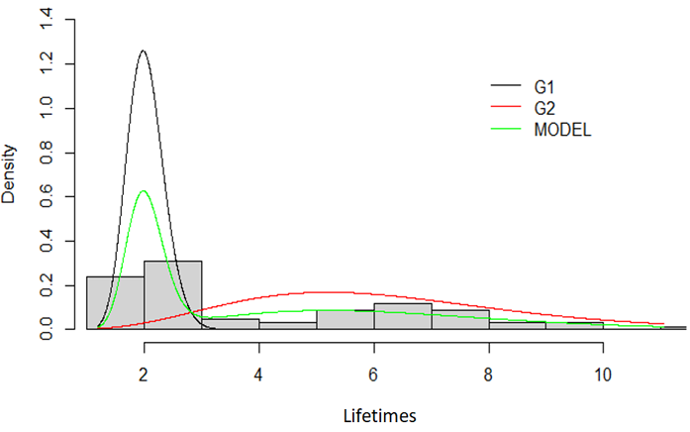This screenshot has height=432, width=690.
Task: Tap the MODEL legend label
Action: (x=563, y=130)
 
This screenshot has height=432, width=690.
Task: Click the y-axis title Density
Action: (x=10, y=174)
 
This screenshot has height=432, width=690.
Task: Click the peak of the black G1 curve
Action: (x=144, y=51)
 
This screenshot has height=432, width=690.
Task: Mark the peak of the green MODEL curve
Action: (x=144, y=190)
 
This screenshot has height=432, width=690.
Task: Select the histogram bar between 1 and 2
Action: (x=115, y=302)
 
